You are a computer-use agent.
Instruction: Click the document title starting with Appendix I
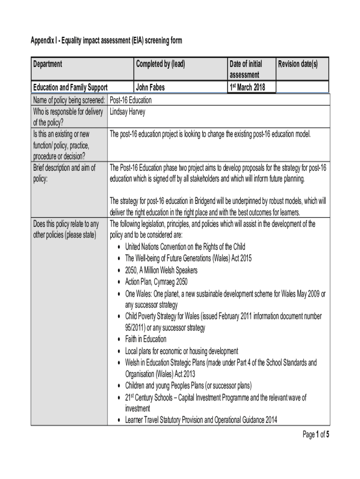point(107,41)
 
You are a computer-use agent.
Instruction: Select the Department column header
point(48,64)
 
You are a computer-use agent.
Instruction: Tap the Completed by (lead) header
point(160,64)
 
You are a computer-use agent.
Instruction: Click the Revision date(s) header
point(298,64)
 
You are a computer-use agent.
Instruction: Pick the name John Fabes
point(151,87)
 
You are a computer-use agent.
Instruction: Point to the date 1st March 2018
point(247,87)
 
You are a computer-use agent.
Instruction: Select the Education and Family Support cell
point(70,87)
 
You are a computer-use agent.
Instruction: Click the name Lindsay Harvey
point(127,112)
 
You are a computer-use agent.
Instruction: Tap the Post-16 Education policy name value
point(130,100)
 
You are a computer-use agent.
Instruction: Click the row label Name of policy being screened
point(69,100)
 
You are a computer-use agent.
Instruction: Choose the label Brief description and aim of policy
point(64,173)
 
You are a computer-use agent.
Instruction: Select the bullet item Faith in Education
point(145,339)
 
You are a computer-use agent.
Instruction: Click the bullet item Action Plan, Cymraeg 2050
point(156,282)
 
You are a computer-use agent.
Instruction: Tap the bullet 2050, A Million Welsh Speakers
point(161,270)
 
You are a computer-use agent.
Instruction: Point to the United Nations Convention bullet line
point(185,247)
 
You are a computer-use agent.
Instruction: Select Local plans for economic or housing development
point(181,351)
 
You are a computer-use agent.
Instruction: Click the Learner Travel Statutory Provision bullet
point(201,420)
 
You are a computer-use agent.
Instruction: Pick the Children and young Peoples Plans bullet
point(188,385)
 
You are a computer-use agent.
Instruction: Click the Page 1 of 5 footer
point(316,435)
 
